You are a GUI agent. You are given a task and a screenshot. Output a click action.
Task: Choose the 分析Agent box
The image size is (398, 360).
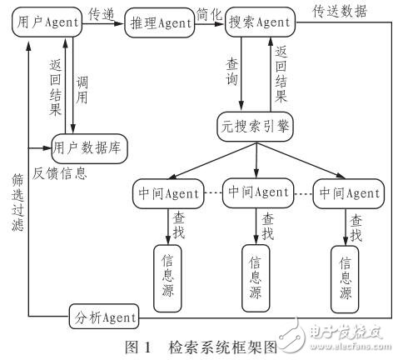point(105,317)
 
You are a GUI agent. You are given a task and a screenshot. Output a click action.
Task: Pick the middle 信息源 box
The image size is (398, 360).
point(256,273)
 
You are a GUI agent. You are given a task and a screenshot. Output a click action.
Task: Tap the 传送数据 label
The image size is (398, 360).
point(339,12)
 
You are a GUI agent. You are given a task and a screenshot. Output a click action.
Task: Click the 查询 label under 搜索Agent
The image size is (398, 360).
point(231,73)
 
